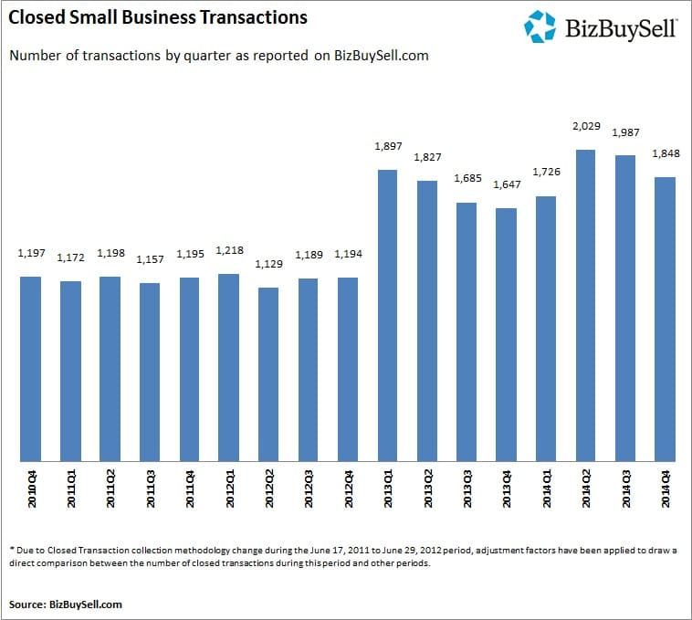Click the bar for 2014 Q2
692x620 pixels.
pos(585,306)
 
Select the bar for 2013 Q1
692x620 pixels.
pos(387,316)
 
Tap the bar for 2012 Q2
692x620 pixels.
pos(268,374)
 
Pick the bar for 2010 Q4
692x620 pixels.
pos(30,369)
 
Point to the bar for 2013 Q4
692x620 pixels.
pos(506,335)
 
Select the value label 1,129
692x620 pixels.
pos(268,264)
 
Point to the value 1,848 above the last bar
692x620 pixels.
pos(665,152)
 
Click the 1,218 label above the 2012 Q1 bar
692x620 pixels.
pos(229,250)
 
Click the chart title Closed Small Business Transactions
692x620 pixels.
pos(158,17)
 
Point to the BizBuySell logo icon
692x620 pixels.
pos(540,26)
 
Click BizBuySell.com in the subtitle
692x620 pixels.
pos(383,56)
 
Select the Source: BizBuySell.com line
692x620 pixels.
pos(66,604)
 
